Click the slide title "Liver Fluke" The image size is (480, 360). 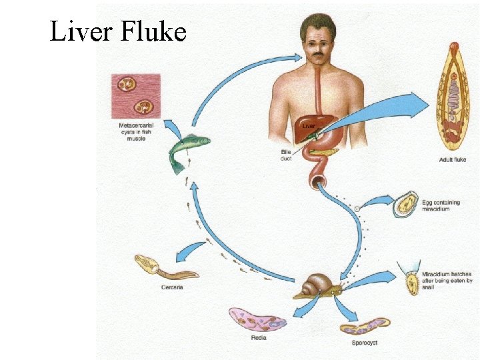click(x=117, y=31)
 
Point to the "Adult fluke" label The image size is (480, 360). click(x=453, y=160)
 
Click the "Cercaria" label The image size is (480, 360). click(x=171, y=287)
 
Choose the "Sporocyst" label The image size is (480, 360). click(x=366, y=343)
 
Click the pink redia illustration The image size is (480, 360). click(x=257, y=319)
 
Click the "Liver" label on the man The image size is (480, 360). click(x=309, y=125)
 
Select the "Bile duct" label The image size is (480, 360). click(x=287, y=156)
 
